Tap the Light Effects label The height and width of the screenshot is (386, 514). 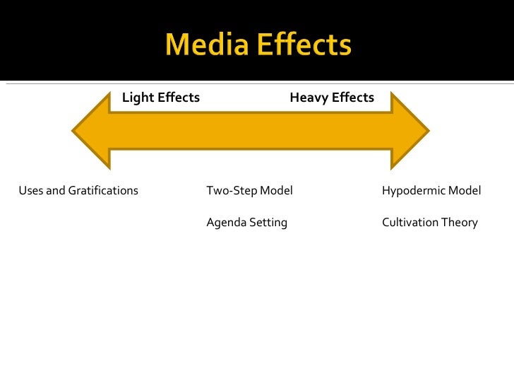(x=161, y=98)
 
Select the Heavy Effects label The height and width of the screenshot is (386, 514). (x=332, y=98)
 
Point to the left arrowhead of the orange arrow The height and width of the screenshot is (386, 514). (x=92, y=131)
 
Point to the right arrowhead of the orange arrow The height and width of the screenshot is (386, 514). (x=410, y=131)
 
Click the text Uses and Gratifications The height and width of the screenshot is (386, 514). (x=78, y=191)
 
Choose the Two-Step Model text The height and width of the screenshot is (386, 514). (x=249, y=191)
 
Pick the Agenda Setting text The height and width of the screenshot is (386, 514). (x=246, y=223)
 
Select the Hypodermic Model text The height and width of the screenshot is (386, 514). (x=431, y=191)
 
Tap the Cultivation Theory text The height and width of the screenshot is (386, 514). (x=430, y=223)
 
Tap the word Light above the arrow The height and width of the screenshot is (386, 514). (x=138, y=98)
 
